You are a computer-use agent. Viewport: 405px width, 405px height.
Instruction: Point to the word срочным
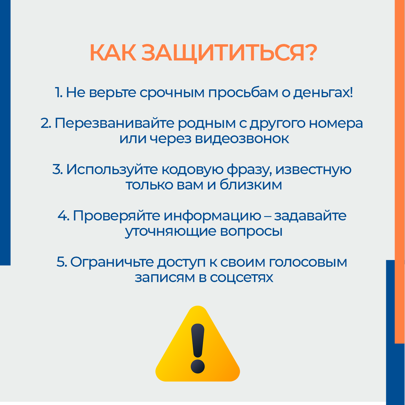pyautogui.click(x=172, y=93)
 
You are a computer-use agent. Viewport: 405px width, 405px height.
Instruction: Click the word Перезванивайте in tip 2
pyautogui.click(x=114, y=123)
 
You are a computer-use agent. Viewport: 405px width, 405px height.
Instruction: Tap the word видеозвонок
pyautogui.click(x=242, y=139)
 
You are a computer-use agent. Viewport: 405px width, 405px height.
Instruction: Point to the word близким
pyautogui.click(x=251, y=185)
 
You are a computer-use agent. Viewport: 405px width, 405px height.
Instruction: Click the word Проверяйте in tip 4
pyautogui.click(x=116, y=216)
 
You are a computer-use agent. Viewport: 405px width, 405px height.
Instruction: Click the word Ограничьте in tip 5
pyautogui.click(x=112, y=262)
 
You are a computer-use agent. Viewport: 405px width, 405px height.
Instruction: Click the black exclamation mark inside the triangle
pyautogui.click(x=198, y=349)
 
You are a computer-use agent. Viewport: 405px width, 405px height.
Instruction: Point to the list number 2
pyautogui.click(x=45, y=123)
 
